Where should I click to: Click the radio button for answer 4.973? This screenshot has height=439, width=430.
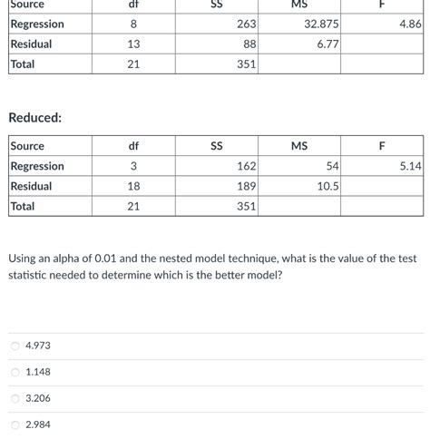(x=15, y=346)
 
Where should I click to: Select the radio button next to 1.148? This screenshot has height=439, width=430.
(x=15, y=372)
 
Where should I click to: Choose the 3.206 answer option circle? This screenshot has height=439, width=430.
(x=15, y=398)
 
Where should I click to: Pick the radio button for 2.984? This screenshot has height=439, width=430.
(x=15, y=424)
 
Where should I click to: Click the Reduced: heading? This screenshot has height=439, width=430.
(x=34, y=118)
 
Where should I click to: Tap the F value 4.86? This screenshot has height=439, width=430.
(x=409, y=24)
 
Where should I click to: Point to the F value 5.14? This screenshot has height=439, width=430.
(x=410, y=166)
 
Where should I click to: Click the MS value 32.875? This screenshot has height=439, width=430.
(x=321, y=24)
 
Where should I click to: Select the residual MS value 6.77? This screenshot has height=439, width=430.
(x=327, y=44)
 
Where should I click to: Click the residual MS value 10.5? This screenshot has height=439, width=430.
(x=327, y=186)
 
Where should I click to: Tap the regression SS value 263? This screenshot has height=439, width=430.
(x=247, y=24)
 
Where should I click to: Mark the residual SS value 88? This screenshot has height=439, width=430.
(x=249, y=44)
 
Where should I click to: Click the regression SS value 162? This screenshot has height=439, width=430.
(x=247, y=166)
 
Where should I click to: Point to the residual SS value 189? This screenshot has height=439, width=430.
(x=247, y=186)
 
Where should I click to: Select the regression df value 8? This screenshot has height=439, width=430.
(x=133, y=24)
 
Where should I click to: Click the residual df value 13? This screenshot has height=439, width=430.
(x=133, y=44)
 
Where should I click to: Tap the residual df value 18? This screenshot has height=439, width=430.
(x=133, y=186)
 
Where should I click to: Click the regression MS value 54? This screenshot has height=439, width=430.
(x=332, y=166)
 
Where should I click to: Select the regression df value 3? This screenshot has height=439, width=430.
(x=133, y=166)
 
